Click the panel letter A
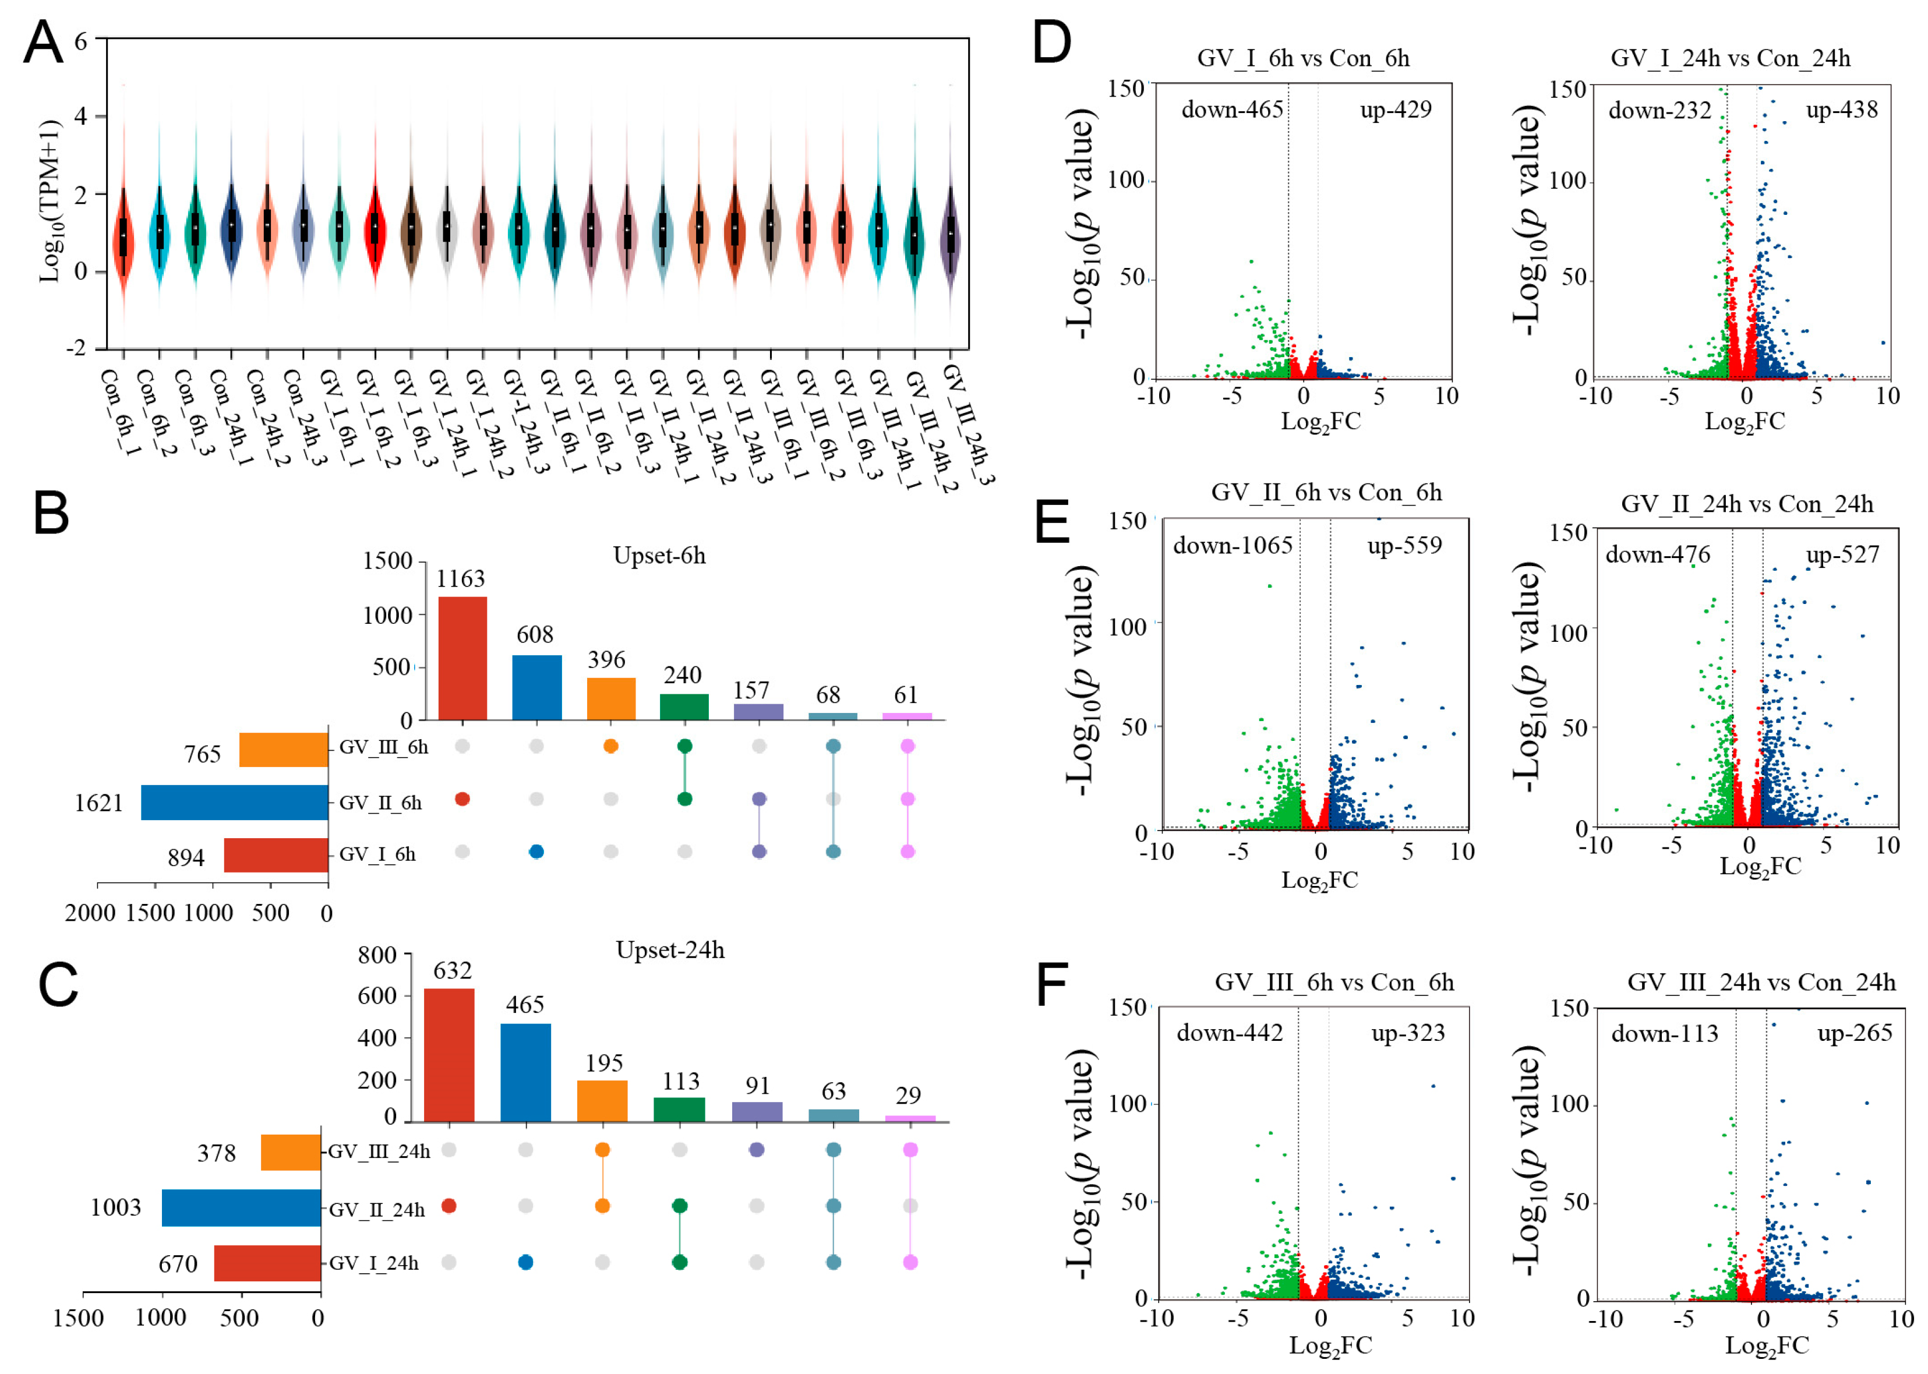pyautogui.click(x=43, y=43)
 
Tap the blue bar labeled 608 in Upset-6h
pyautogui.click(x=536, y=687)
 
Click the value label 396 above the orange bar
pyautogui.click(x=606, y=660)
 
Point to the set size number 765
pyautogui.click(x=202, y=754)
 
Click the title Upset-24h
pyautogui.click(x=670, y=950)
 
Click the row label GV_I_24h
pyautogui.click(x=373, y=1263)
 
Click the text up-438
pyautogui.click(x=1842, y=110)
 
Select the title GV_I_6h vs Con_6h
pyautogui.click(x=1303, y=58)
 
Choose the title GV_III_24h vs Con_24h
pyautogui.click(x=1761, y=982)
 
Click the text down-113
pyautogui.click(x=1664, y=1034)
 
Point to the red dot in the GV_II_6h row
pyautogui.click(x=462, y=799)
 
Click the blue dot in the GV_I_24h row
pyautogui.click(x=525, y=1262)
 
